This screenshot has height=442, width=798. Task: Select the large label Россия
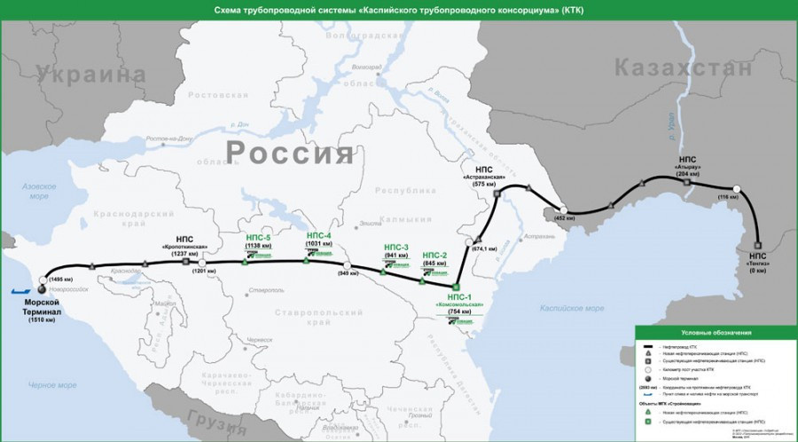[289, 152]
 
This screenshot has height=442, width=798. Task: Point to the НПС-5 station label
[258, 237]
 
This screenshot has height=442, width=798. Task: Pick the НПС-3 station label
[396, 247]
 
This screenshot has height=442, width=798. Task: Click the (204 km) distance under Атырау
[687, 174]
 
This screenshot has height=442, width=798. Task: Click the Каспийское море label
[572, 308]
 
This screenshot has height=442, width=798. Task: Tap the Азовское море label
[39, 192]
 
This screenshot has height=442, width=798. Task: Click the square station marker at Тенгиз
[757, 245]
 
